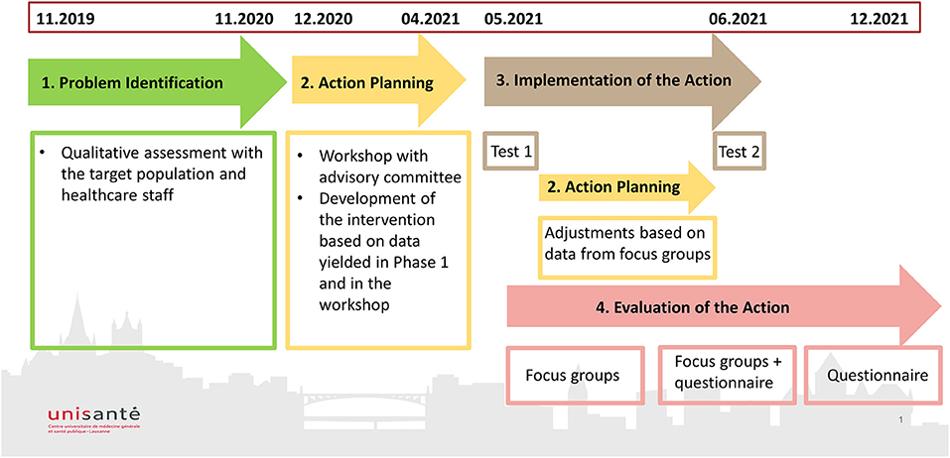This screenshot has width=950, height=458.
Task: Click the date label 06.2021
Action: point(738,18)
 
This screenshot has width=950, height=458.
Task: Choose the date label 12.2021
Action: point(880,18)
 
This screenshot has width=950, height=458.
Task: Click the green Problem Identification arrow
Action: point(158,82)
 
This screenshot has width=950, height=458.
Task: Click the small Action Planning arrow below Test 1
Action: point(627,187)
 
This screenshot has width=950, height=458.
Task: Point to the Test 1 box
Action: point(511,151)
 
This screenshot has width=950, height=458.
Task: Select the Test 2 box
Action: point(740,151)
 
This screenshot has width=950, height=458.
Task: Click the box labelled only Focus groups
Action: point(573,376)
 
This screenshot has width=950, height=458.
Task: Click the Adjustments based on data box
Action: point(627,248)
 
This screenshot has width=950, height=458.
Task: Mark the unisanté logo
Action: point(94,418)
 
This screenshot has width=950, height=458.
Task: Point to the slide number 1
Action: point(902,418)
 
